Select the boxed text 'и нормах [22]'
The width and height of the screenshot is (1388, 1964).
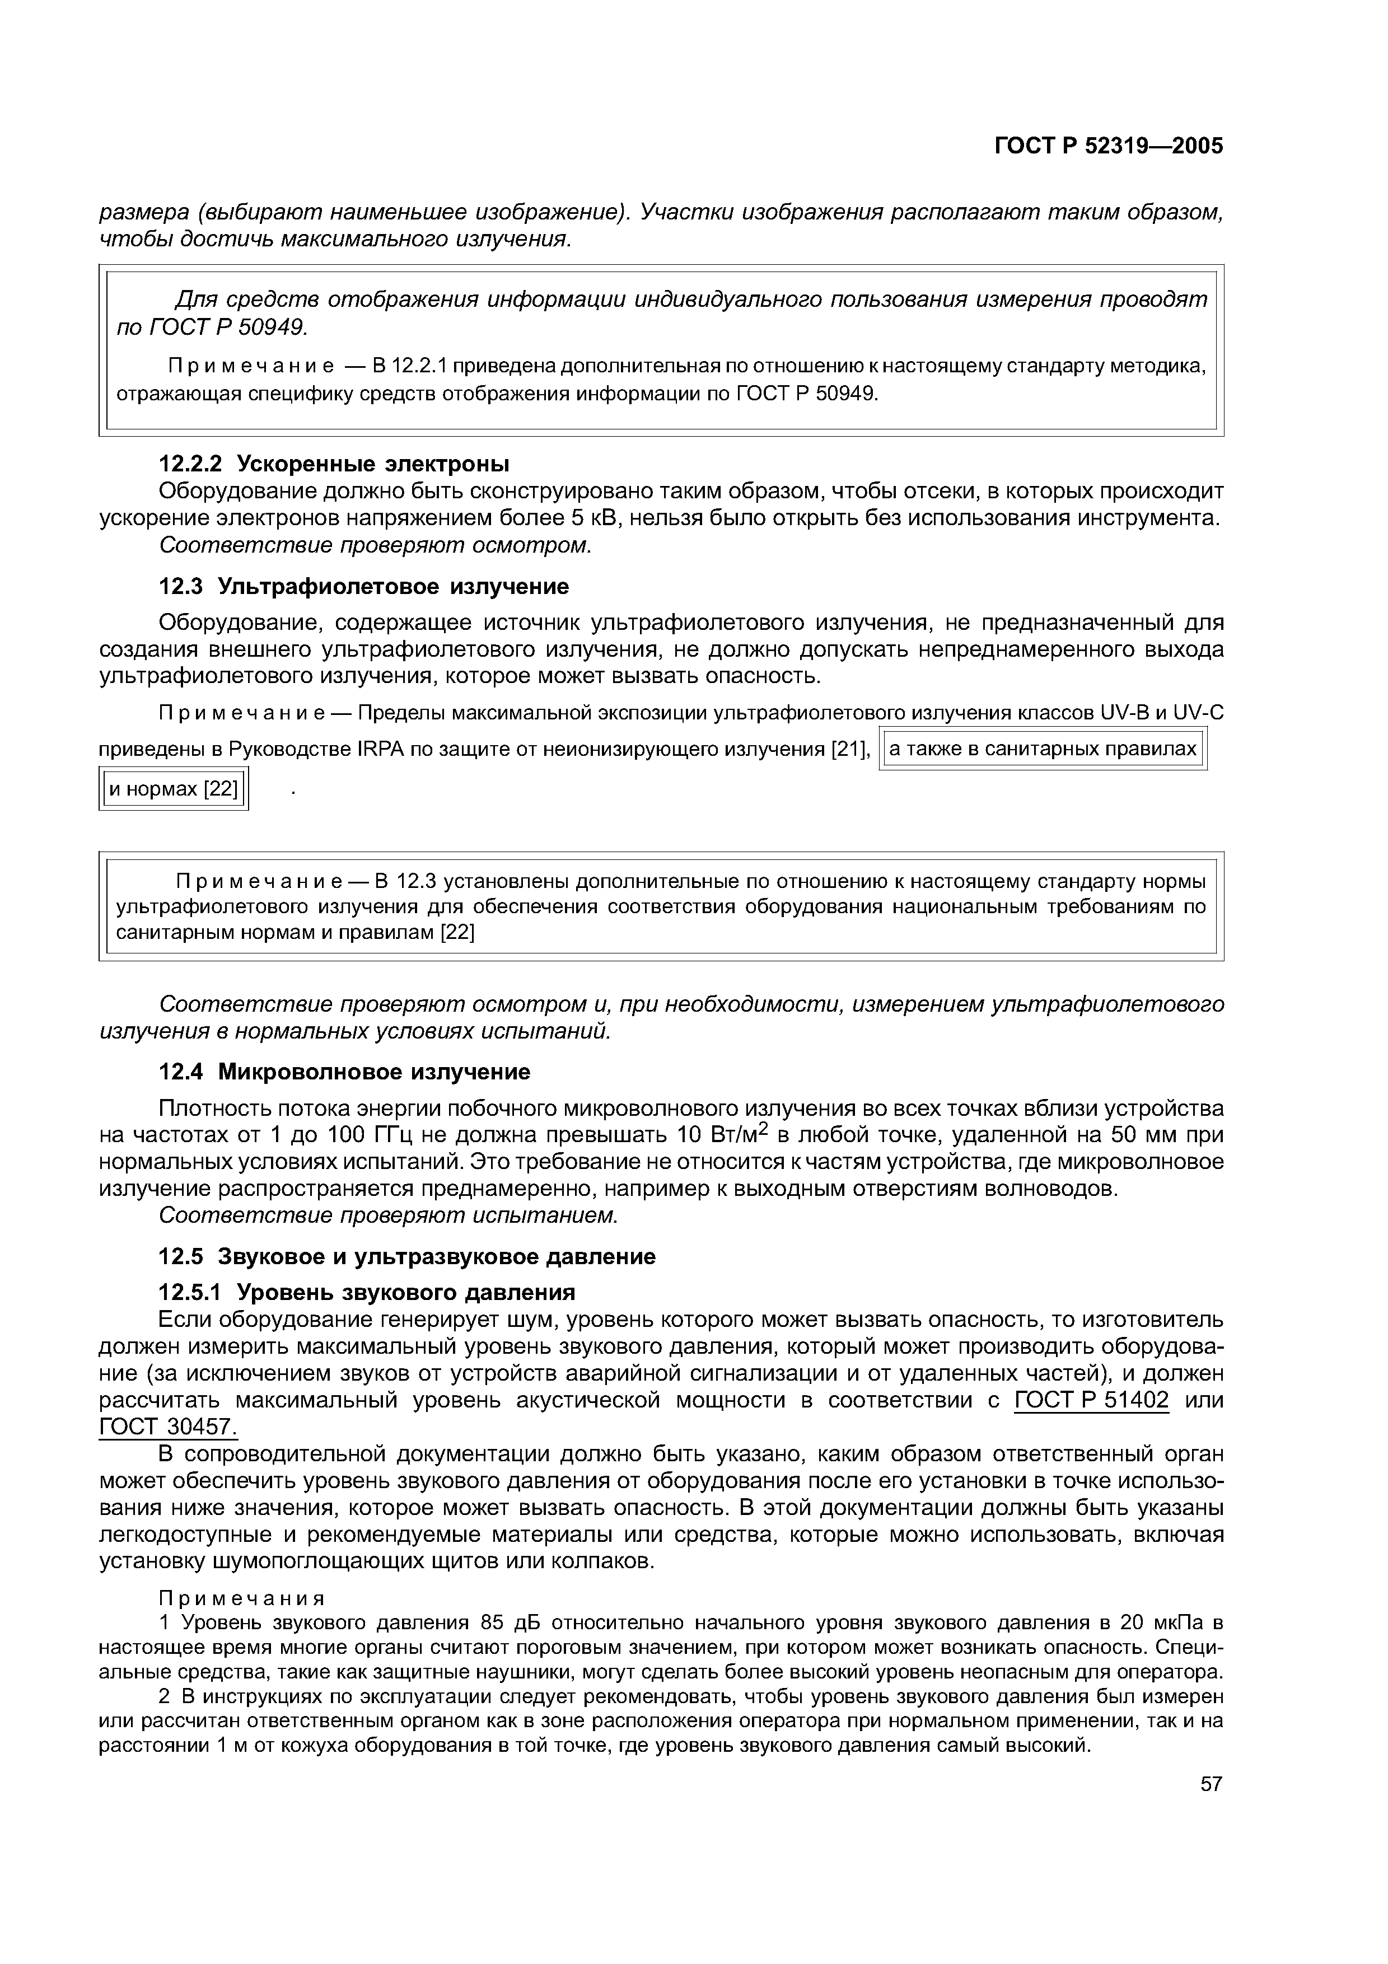(x=174, y=789)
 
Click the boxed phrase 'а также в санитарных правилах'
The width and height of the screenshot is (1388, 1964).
(x=1043, y=749)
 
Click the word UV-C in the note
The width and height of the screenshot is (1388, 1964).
(x=1197, y=713)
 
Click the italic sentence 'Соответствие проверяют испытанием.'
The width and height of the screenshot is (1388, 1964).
(x=388, y=1215)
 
